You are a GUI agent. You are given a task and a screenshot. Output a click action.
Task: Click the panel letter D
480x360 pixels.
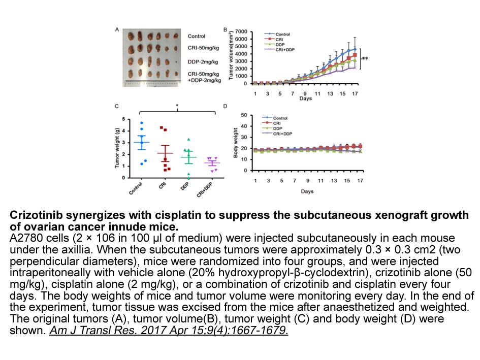pos(226,106)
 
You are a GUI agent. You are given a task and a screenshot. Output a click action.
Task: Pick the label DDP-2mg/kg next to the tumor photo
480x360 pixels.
pos(203,62)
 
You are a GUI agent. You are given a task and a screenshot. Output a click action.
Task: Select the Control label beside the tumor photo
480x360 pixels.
pos(197,36)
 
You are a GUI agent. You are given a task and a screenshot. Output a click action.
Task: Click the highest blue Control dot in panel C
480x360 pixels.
pos(143,123)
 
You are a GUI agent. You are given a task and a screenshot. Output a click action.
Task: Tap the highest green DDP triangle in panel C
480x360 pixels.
pos(188,140)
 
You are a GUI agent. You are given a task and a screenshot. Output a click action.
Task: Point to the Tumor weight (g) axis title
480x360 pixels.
pos(117,148)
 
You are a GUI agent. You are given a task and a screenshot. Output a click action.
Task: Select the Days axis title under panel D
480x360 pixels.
pos(306,191)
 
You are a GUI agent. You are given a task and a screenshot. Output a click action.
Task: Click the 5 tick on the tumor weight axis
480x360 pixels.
pos(128,119)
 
